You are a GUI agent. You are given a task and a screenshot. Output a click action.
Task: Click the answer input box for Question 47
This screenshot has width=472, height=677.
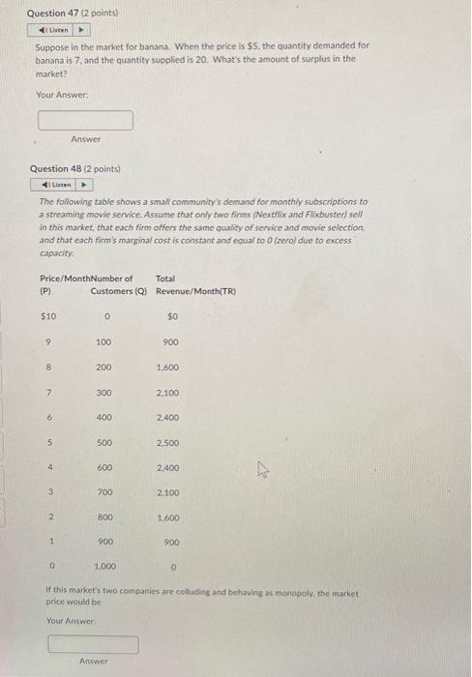85,120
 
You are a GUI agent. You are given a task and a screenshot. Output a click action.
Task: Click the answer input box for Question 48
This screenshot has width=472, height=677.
93,643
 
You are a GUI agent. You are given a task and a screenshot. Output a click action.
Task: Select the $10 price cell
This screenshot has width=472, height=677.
47,316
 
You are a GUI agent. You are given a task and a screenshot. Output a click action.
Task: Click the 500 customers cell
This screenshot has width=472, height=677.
104,443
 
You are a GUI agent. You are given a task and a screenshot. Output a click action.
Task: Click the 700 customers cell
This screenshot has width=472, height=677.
104,493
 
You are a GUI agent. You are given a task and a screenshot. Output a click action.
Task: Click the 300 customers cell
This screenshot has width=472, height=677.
104,393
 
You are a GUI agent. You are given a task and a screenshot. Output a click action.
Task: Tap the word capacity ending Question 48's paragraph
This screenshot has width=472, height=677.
55,250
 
